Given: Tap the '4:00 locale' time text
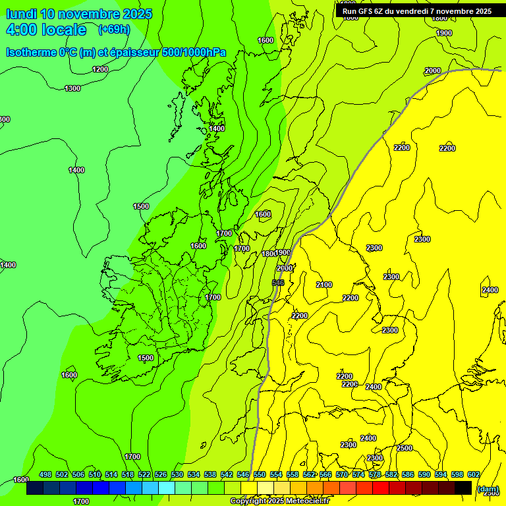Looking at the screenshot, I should coord(46,30).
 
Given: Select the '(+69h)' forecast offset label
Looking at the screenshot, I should coord(114,30).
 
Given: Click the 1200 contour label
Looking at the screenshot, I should coord(100,69).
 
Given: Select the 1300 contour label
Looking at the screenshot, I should coord(72,88).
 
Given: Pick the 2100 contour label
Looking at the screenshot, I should coord(323,285).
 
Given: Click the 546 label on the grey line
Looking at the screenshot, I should coord(278,283).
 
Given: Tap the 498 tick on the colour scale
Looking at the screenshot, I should coord(45,474).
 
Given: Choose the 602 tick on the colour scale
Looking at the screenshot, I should coord(473,474).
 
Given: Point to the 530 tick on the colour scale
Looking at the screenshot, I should coord(177,474).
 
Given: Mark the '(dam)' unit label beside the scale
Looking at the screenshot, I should coord(488,489).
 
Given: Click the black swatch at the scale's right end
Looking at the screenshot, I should coord(463,488).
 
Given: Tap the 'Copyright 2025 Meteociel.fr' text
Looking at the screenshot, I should coord(279,501).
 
